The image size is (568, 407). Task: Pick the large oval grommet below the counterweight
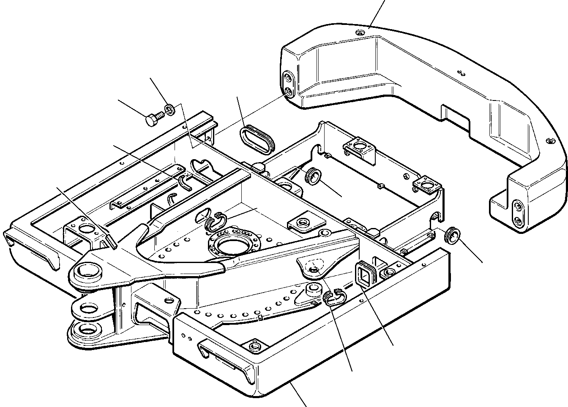257,138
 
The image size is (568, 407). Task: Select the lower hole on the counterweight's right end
517,220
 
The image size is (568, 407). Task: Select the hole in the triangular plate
314,270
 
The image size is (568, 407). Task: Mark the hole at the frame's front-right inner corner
254,346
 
